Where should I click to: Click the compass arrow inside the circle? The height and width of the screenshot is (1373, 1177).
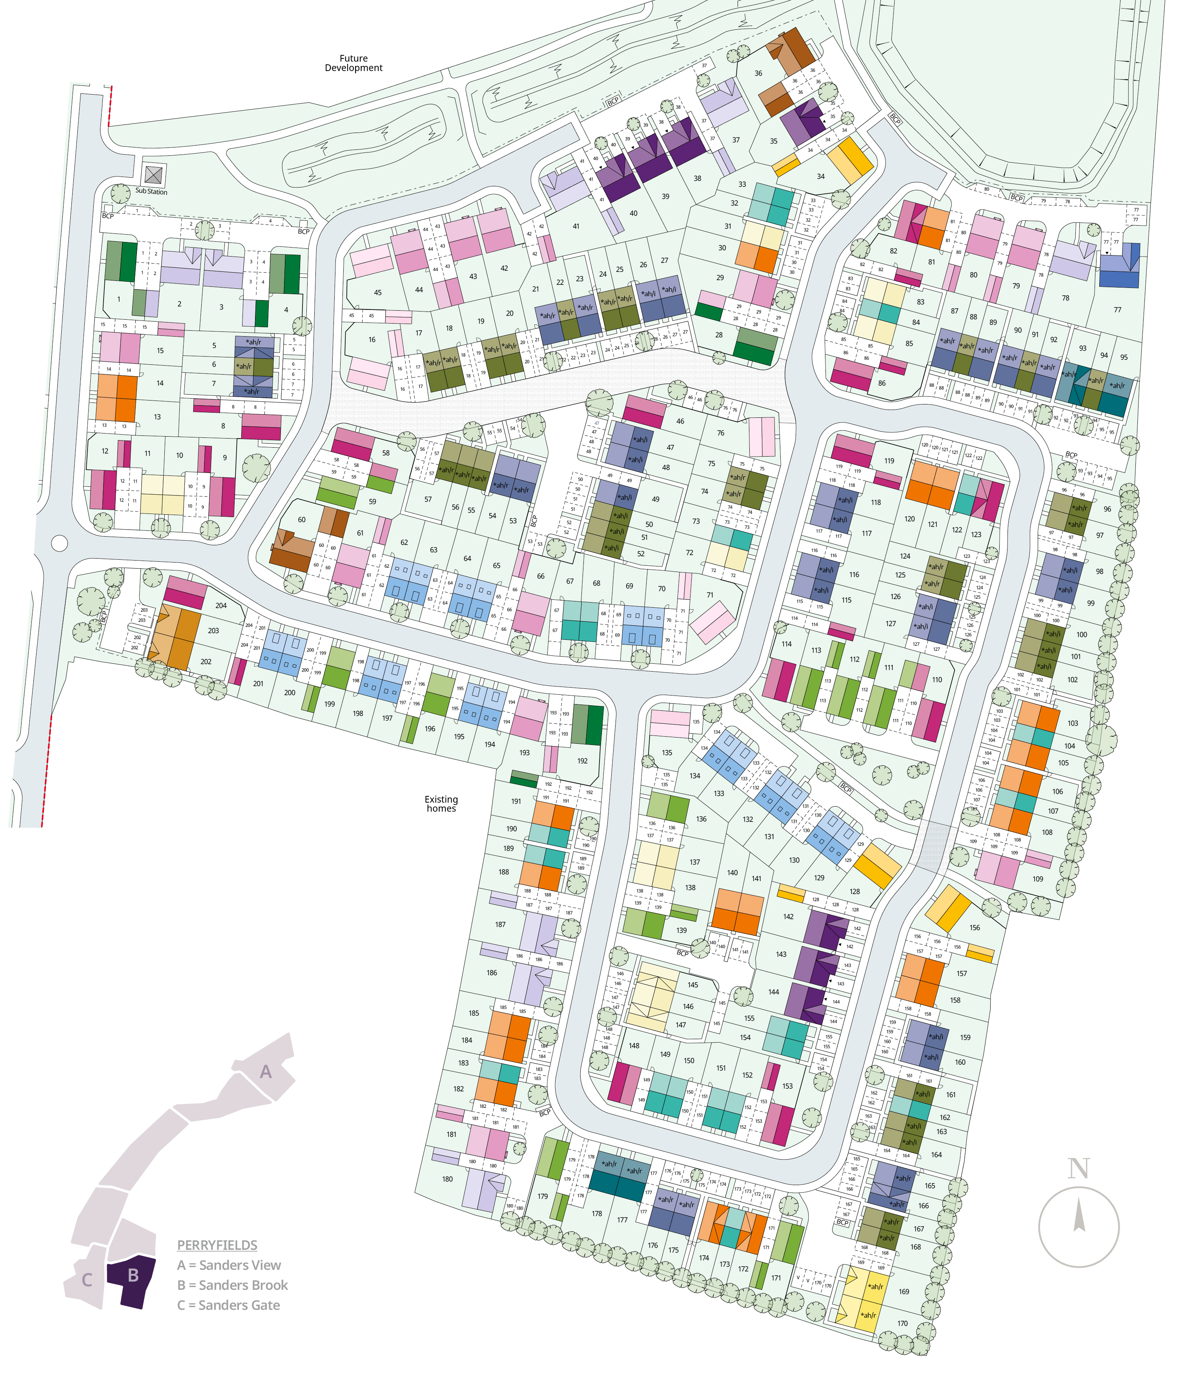click(x=1079, y=1216)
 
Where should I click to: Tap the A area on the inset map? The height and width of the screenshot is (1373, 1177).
click(x=266, y=1071)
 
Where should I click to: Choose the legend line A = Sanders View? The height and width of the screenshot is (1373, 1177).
click(x=229, y=1265)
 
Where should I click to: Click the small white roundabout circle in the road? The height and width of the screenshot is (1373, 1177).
click(x=59, y=543)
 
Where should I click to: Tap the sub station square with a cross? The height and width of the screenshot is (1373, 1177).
click(x=154, y=175)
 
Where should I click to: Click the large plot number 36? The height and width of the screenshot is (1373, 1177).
click(x=758, y=74)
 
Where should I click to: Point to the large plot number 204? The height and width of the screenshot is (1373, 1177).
click(x=221, y=605)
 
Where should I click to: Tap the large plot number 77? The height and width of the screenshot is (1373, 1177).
click(x=1117, y=310)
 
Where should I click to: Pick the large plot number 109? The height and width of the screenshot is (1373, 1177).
click(x=1038, y=879)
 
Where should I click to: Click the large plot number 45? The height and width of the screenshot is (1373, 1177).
click(x=378, y=292)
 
